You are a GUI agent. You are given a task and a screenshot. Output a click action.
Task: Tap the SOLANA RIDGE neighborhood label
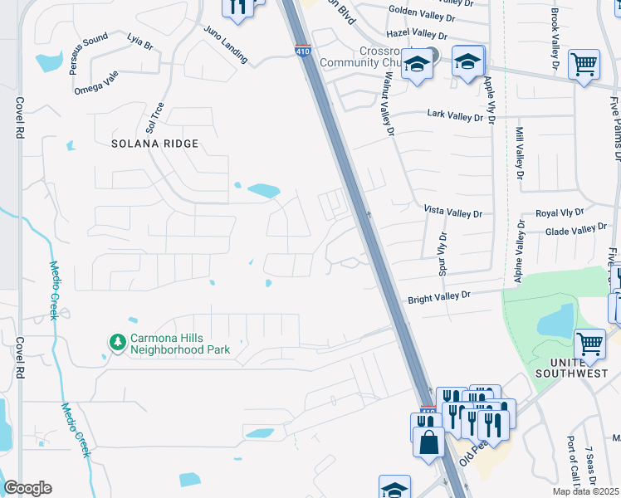tap(156, 144)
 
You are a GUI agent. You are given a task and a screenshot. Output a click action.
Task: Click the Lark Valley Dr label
tap(454, 116)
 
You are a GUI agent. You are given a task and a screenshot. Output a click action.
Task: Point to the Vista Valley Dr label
tap(452, 213)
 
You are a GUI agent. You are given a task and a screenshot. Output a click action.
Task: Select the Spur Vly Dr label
tap(443, 253)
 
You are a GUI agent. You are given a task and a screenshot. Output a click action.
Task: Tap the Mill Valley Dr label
tap(520, 154)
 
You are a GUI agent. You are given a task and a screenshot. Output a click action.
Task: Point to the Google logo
tap(28, 488)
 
